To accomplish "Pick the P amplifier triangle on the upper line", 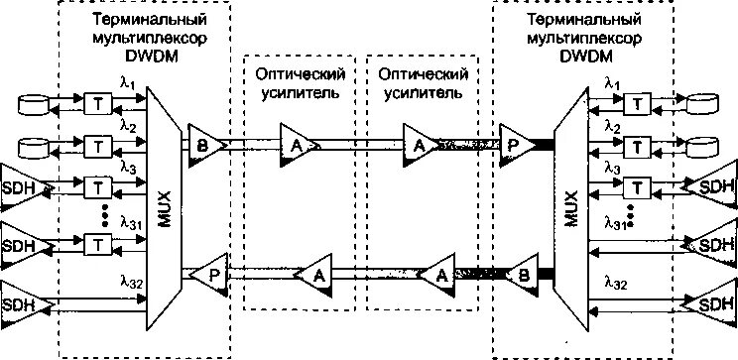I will [x=514, y=144].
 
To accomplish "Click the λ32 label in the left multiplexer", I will [x=128, y=283].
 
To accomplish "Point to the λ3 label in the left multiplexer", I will [x=128, y=170].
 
